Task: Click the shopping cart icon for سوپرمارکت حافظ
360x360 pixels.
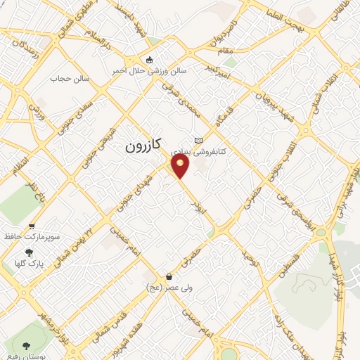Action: pos(32,226)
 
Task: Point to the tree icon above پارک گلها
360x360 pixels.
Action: pos(29,252)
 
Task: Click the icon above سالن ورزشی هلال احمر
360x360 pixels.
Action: pos(148,60)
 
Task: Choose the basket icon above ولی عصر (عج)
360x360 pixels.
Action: pos(169,276)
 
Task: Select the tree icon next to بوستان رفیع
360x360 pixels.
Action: pos(26,346)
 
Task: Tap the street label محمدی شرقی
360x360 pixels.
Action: pos(190,103)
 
